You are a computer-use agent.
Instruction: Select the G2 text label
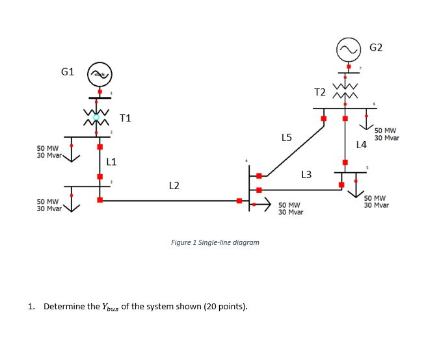pos(376,47)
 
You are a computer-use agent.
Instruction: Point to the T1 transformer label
pos(125,118)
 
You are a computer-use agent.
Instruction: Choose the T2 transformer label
pos(319,92)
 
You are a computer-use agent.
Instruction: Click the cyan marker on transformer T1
pos(96,118)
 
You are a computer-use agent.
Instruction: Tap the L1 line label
pos(111,161)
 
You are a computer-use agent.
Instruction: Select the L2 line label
pos(174,186)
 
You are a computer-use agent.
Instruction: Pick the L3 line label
pos(306,174)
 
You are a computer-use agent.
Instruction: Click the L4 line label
pos(362,144)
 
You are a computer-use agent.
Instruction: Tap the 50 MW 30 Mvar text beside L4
pos(387,134)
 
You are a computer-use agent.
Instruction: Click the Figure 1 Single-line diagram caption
pos(215,242)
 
